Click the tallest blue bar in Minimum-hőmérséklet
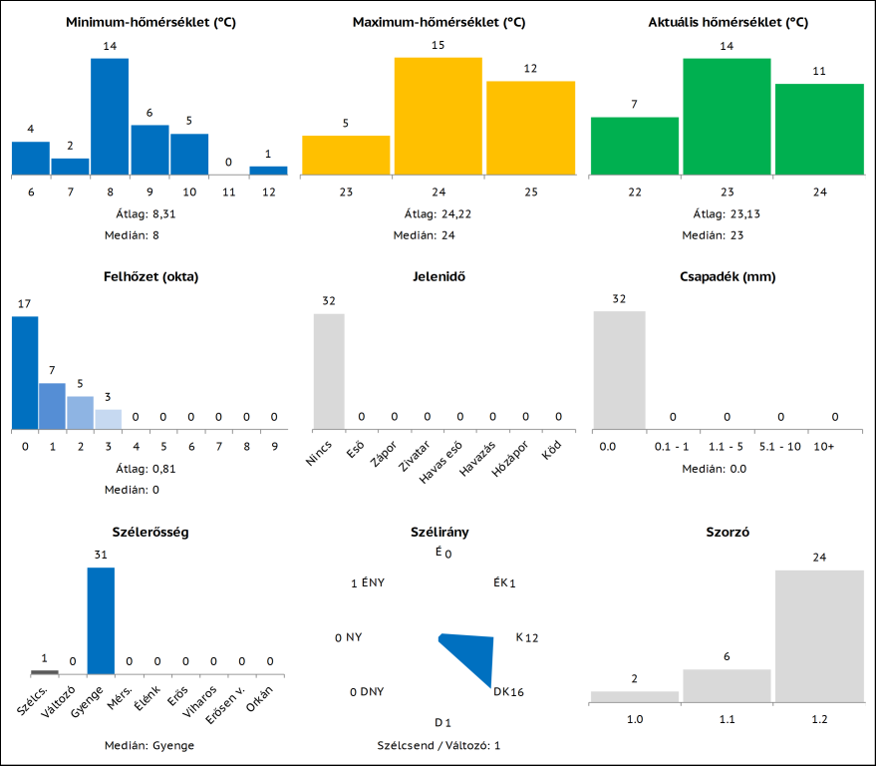(110, 116)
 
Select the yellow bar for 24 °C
(438, 116)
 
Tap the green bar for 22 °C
(635, 146)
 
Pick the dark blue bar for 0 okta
(25, 372)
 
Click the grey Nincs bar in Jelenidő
(329, 371)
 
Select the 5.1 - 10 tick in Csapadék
(780, 446)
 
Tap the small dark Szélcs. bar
(44, 672)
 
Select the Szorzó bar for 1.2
(819, 635)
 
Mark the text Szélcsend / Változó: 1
(438, 745)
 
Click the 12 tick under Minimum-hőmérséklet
(268, 191)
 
